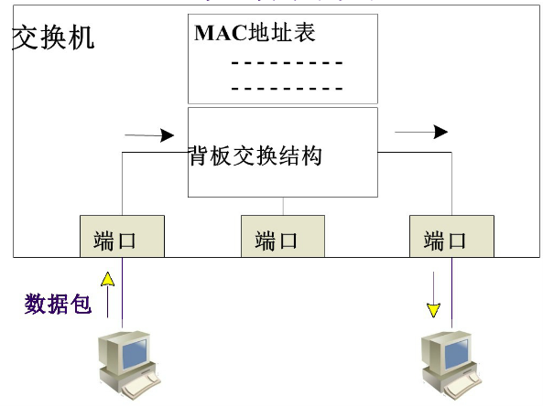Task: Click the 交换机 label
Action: click(x=53, y=39)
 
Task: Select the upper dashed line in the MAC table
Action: click(x=287, y=63)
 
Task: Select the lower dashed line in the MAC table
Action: click(x=287, y=88)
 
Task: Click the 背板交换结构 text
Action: click(x=255, y=155)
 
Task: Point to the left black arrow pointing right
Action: click(x=149, y=135)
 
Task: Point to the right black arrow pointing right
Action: click(x=422, y=133)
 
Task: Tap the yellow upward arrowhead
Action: click(x=107, y=276)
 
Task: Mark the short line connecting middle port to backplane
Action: click(x=283, y=206)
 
